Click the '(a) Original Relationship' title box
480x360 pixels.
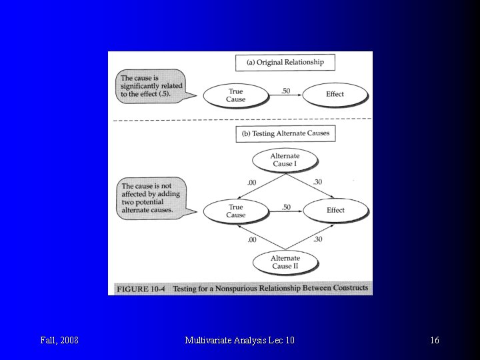coord(285,63)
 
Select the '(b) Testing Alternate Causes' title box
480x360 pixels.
coord(285,133)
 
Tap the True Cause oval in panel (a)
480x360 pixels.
coord(236,95)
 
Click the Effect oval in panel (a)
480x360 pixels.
coord(335,94)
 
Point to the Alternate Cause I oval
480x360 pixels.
coord(285,160)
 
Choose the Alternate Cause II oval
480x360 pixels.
coord(285,262)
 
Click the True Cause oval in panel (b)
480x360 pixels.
coord(236,211)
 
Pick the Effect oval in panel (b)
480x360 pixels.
coord(335,210)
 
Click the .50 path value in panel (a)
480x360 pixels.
coord(285,91)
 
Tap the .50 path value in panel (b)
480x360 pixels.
coord(285,207)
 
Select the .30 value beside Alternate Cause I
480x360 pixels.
coord(317,182)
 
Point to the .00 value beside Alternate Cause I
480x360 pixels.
coord(251,182)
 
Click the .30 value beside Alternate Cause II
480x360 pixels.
coord(317,239)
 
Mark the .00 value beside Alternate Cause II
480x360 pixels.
coord(251,239)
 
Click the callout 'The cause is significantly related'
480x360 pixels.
coord(148,86)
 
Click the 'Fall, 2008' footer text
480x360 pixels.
coord(59,341)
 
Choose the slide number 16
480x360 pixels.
coord(435,341)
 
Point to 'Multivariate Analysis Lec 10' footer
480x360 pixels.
coord(239,341)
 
